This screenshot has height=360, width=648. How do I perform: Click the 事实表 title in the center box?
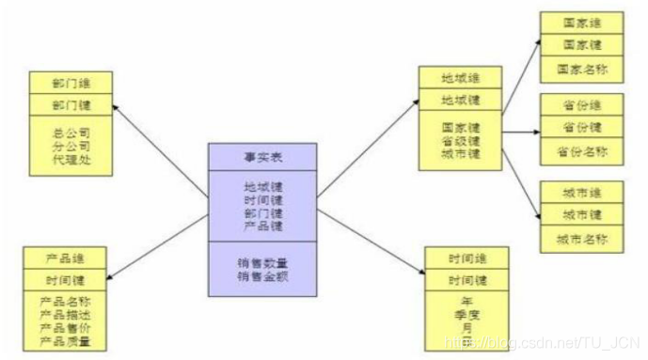click(262, 156)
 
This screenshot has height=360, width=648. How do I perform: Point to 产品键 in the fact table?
click(262, 227)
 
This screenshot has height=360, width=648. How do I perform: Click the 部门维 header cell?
click(71, 83)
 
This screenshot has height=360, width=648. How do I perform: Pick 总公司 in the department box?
click(71, 133)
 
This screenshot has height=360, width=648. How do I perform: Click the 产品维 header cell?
click(71, 257)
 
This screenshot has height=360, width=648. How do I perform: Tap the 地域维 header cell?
click(461, 78)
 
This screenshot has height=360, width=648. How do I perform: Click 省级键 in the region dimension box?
click(461, 140)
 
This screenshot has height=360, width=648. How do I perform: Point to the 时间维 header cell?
click(467, 258)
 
